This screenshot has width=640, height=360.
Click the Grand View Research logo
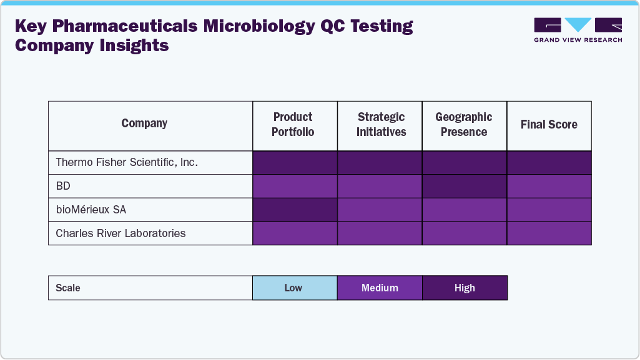pyautogui.click(x=578, y=30)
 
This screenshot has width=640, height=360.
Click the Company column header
pyautogui.click(x=144, y=124)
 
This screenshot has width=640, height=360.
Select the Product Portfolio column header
pyautogui.click(x=293, y=125)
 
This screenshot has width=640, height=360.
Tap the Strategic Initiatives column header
pyautogui.click(x=381, y=125)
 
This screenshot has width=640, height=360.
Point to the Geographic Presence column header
pyautogui.click(x=464, y=125)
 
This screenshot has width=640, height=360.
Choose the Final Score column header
pyautogui.click(x=549, y=125)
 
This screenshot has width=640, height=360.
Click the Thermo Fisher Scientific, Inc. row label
pyautogui.click(x=127, y=162)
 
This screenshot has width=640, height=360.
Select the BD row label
pyautogui.click(x=63, y=186)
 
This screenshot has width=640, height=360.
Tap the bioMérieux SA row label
pyautogui.click(x=91, y=210)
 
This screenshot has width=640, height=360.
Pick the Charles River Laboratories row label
pyautogui.click(x=121, y=233)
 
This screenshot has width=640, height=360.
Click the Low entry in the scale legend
pyautogui.click(x=293, y=288)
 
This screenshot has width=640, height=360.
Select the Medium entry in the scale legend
pyautogui.click(x=380, y=288)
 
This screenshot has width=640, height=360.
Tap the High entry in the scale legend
pyautogui.click(x=465, y=288)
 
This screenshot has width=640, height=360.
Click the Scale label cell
pyautogui.click(x=68, y=288)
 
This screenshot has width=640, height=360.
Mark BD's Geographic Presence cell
pyautogui.click(x=464, y=186)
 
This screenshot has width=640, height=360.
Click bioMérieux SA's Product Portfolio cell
pyautogui.click(x=295, y=210)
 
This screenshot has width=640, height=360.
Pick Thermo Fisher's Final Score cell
pyautogui.click(x=549, y=162)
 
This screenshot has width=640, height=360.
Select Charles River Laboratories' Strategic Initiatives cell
pyautogui.click(x=380, y=233)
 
